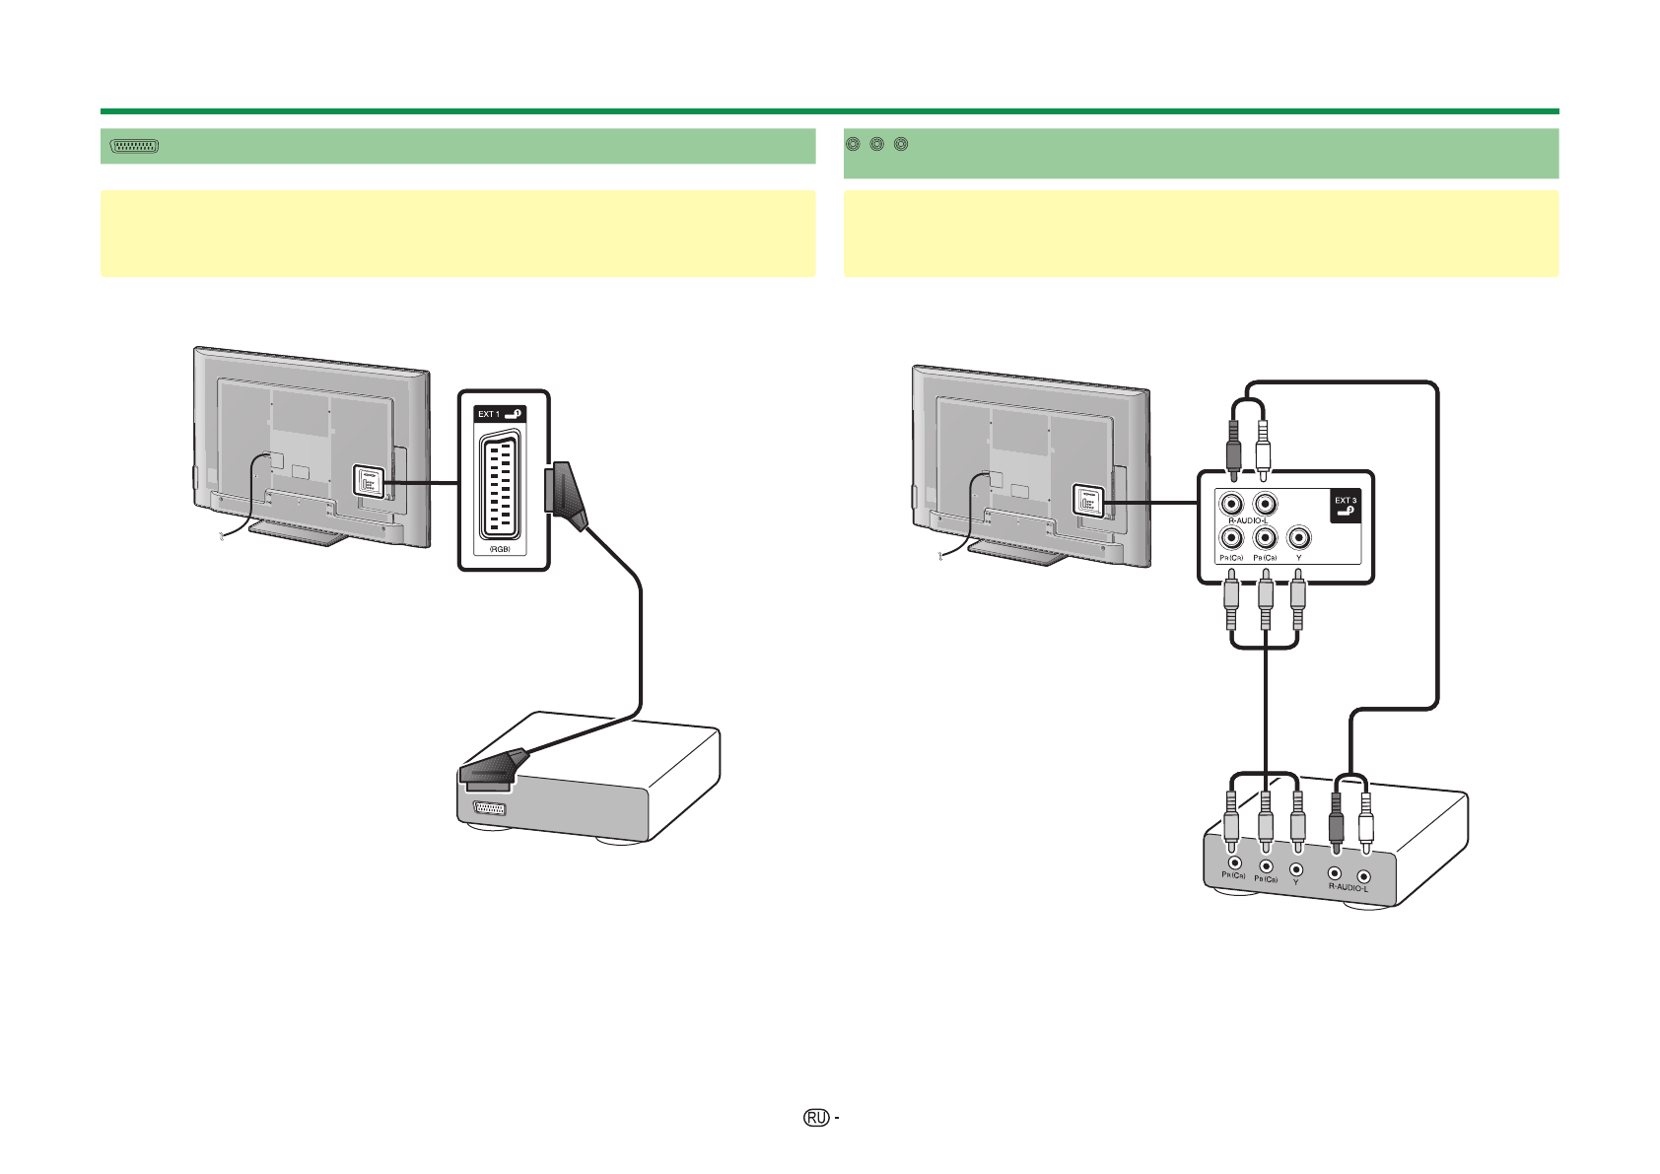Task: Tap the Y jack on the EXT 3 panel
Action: [1299, 538]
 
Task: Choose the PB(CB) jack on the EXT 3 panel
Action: [1265, 538]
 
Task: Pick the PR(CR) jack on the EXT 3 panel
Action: [1230, 538]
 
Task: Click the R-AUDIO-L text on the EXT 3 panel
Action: [1247, 520]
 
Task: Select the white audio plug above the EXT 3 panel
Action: [1264, 449]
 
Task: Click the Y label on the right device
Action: [1296, 883]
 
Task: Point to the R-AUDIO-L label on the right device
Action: [1348, 887]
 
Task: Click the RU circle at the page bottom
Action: [815, 1118]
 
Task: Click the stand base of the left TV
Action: [297, 531]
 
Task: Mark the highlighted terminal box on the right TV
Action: [1084, 502]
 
